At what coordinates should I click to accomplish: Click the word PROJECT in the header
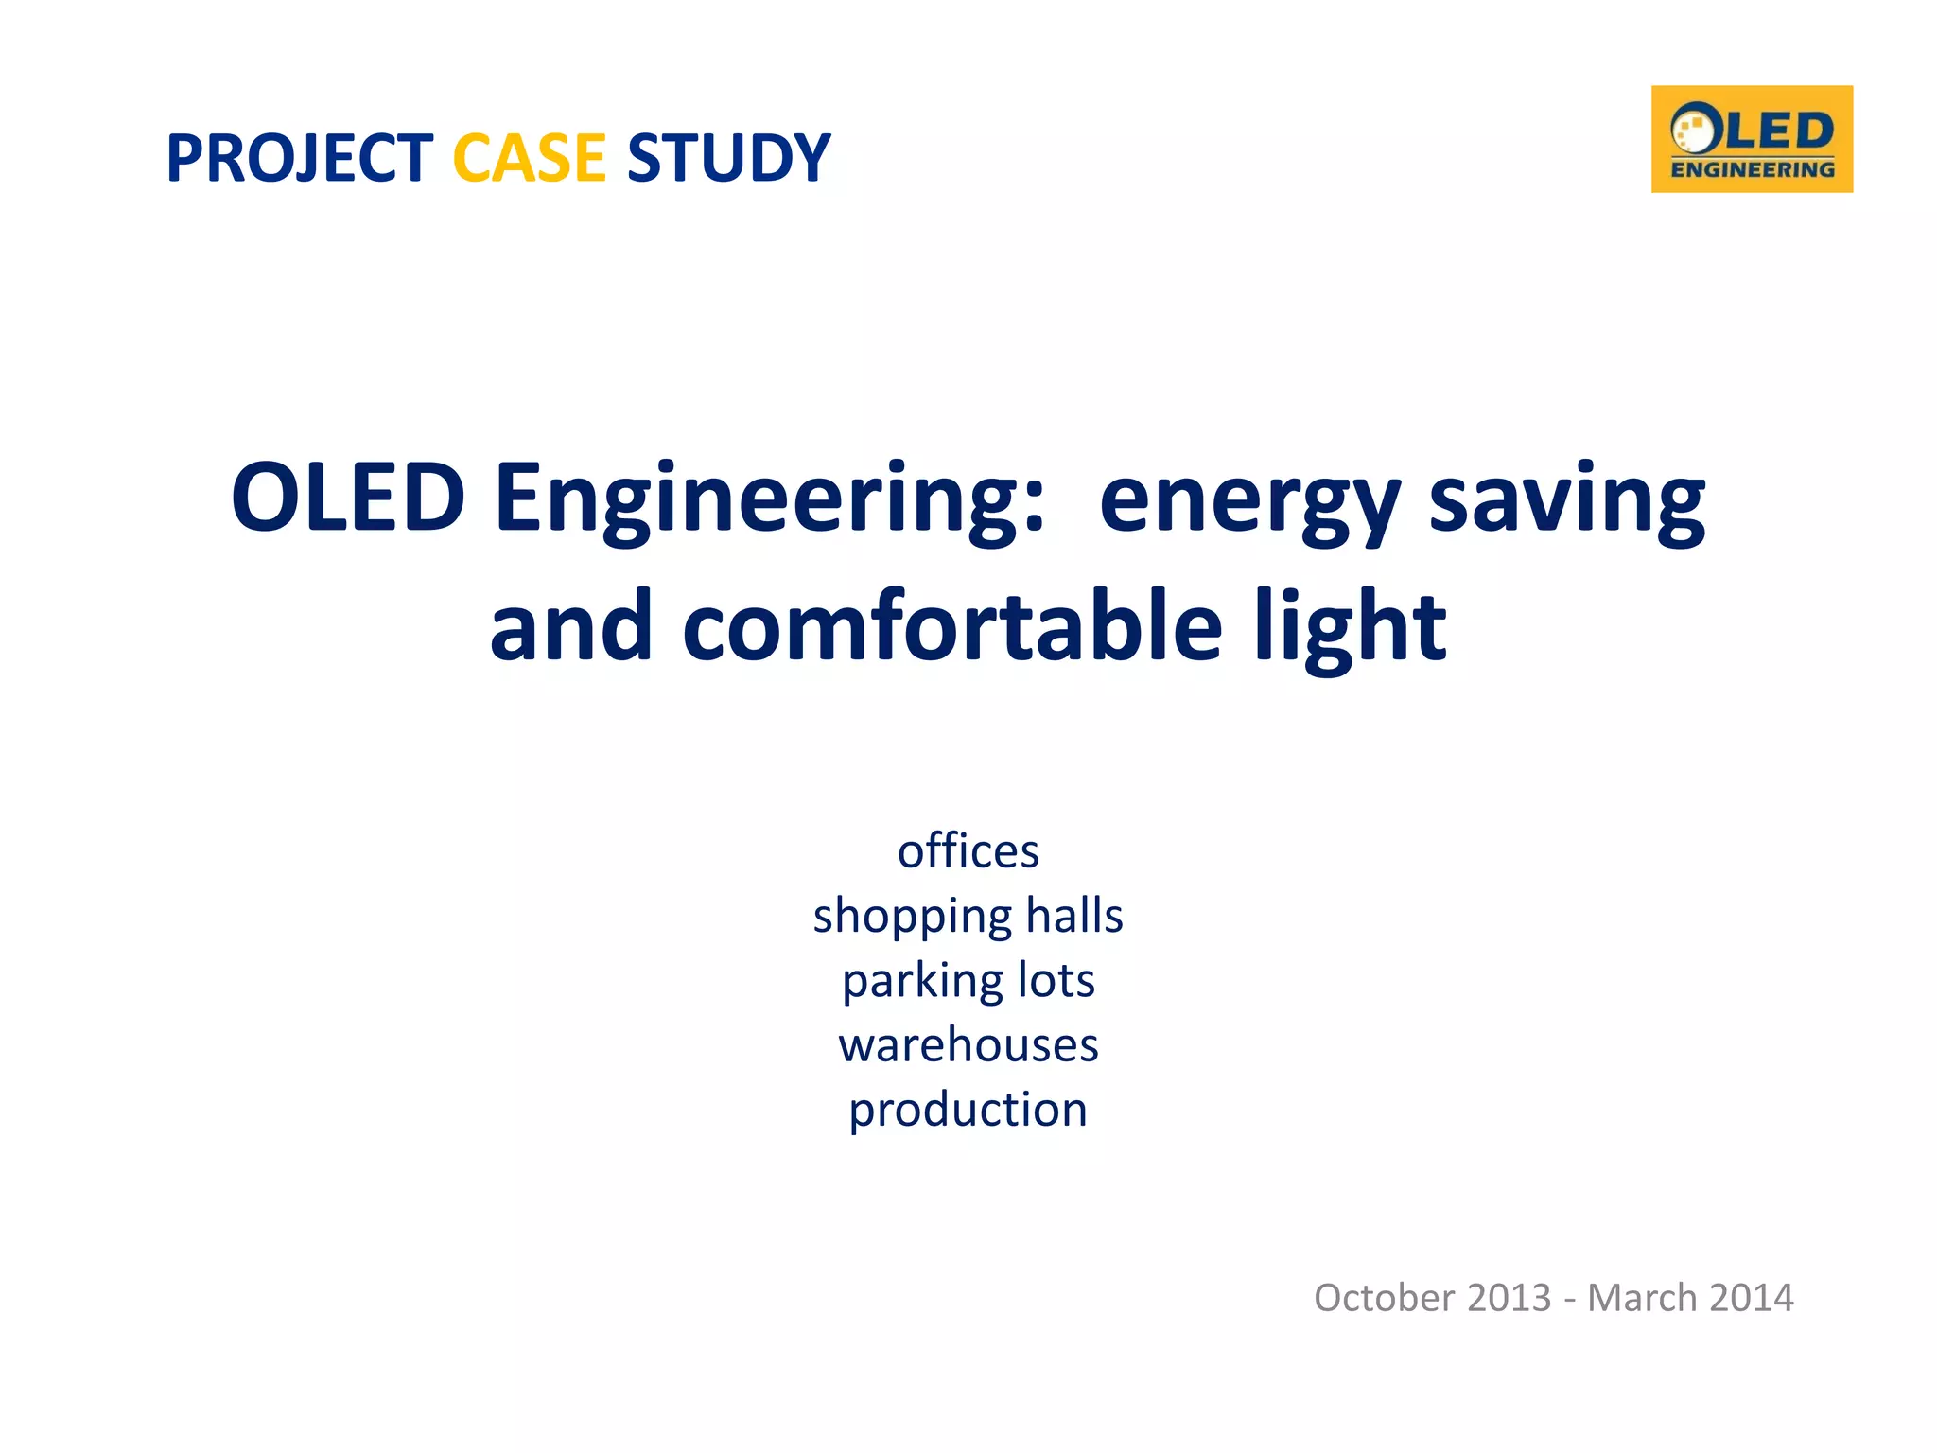tap(299, 158)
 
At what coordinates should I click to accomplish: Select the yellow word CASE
tap(529, 158)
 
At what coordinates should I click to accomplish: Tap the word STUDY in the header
tap(728, 158)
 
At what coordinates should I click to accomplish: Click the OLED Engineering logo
tap(1752, 139)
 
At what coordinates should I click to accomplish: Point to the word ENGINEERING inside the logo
tap(1753, 170)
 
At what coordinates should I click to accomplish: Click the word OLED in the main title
tap(347, 498)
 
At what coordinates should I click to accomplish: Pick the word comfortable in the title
tap(952, 627)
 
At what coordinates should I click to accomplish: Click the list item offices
tap(968, 850)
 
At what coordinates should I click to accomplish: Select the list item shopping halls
tap(968, 917)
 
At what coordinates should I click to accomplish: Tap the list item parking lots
tap(968, 981)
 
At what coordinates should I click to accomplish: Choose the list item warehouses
tap(968, 1045)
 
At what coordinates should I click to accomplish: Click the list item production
tap(968, 1111)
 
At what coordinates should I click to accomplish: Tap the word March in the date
tap(1643, 1298)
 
